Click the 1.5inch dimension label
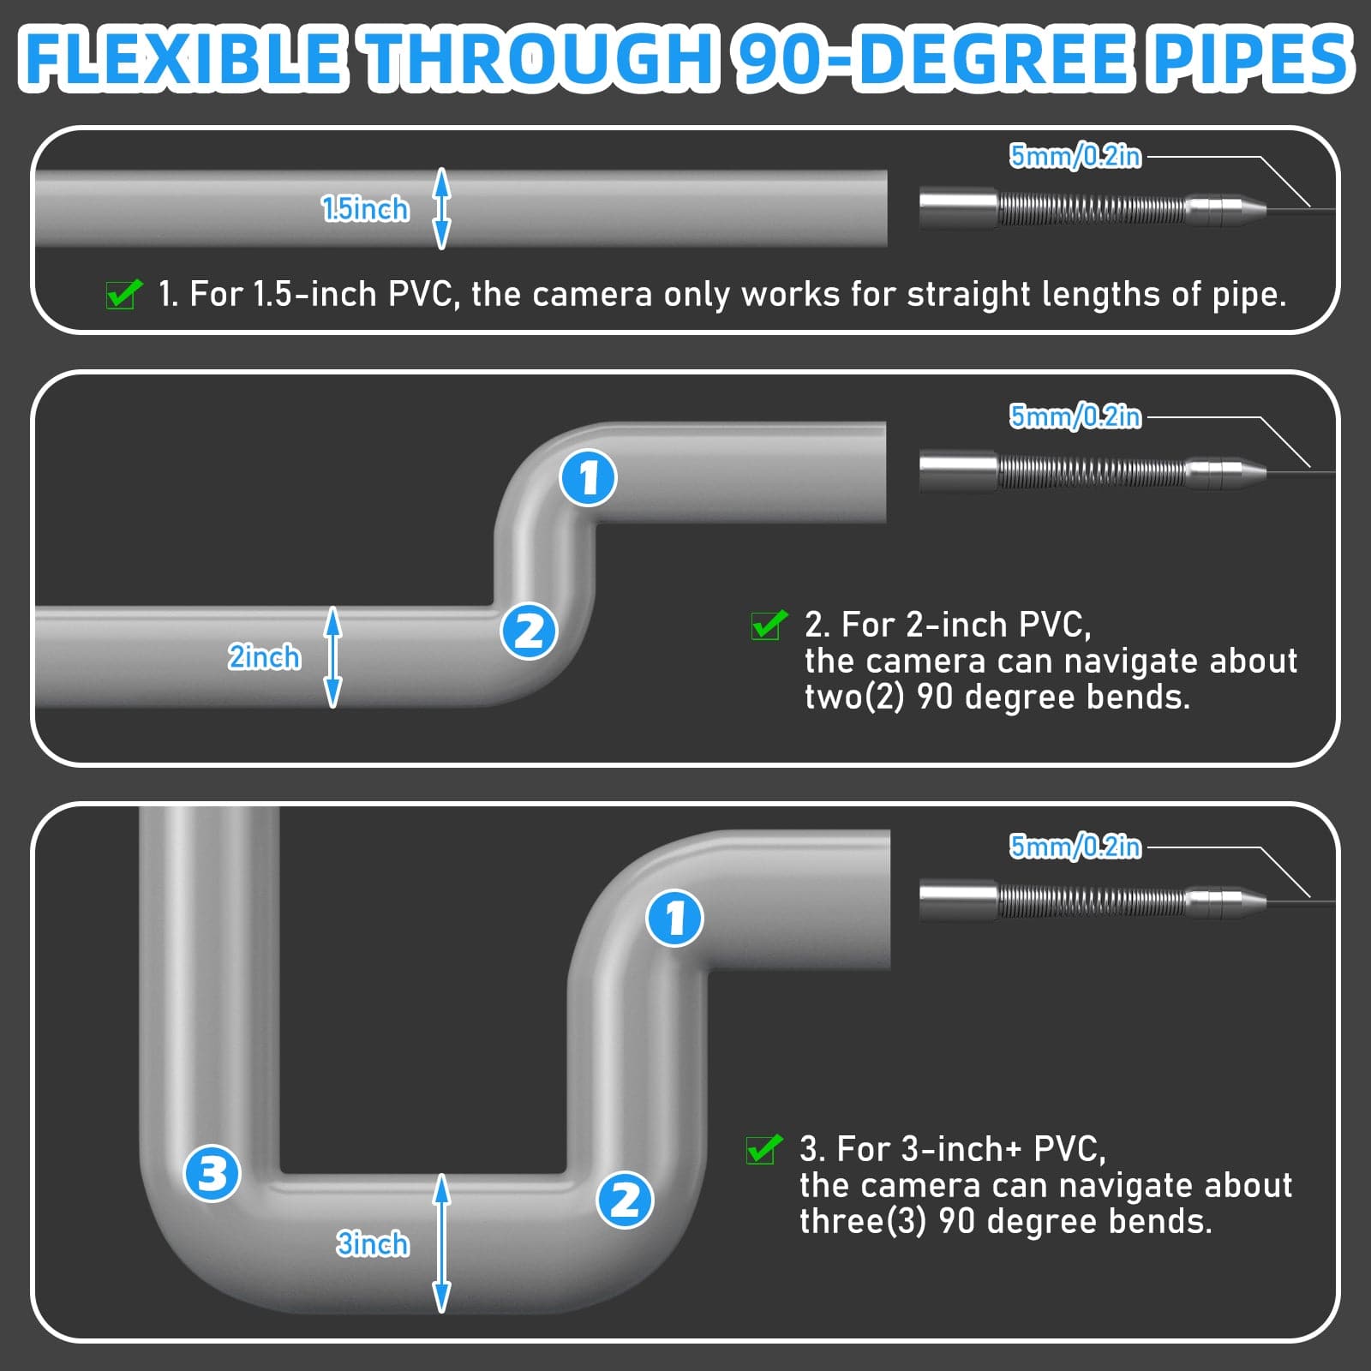[x=365, y=209]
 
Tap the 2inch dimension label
[x=264, y=657]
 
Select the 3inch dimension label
[x=372, y=1243]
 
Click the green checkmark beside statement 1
[x=123, y=294]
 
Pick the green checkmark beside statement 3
[x=763, y=1149]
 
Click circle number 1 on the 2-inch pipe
[x=588, y=477]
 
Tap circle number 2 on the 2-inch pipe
[x=529, y=632]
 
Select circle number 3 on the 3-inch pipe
[x=213, y=1173]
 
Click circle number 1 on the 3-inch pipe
[x=674, y=918]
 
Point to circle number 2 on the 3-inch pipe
[x=625, y=1200]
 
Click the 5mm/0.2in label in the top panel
[x=1075, y=156]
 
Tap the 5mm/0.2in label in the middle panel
[x=1075, y=416]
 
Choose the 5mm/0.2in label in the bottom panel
[x=1075, y=847]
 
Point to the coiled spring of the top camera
[x=1093, y=209]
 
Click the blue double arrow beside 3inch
[x=441, y=1243]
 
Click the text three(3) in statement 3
[x=862, y=1221]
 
